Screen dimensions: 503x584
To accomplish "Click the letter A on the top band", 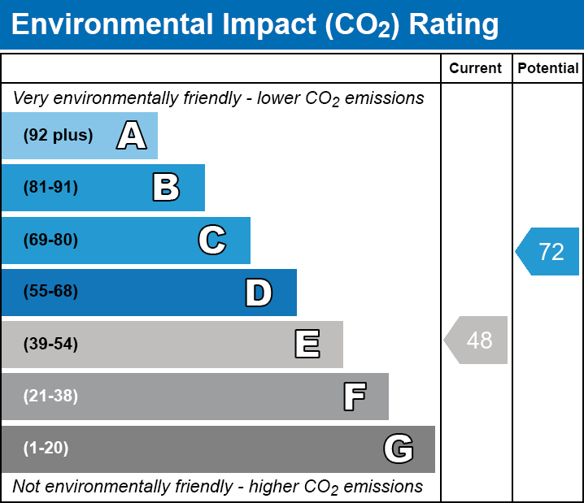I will tap(131, 135).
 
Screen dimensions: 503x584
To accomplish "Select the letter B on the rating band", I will tap(166, 188).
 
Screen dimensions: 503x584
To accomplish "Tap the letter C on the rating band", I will tap(211, 240).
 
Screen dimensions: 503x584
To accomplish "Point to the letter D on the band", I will tap(259, 293).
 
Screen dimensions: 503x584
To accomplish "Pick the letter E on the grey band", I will tap(307, 345).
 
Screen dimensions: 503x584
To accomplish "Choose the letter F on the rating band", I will tap(354, 397).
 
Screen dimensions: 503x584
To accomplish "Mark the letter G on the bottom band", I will tap(399, 449).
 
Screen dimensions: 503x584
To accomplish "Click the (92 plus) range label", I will tap(58, 135).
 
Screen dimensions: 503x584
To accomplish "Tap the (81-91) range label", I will tap(50, 188).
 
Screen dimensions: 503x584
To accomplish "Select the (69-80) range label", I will tap(50, 240).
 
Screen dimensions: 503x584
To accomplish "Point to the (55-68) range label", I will tap(50, 292).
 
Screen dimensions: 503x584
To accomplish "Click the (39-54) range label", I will tap(50, 345).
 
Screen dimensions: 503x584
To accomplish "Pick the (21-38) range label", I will tap(50, 397).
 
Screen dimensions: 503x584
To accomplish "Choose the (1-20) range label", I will tap(46, 449).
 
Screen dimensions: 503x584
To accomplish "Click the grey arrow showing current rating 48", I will tap(477, 340).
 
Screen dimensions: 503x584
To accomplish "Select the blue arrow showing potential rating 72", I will tap(549, 252).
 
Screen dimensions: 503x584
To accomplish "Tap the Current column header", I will tap(476, 69).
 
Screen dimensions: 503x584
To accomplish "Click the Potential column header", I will tap(548, 69).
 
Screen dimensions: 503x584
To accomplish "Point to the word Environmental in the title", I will tap(111, 24).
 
